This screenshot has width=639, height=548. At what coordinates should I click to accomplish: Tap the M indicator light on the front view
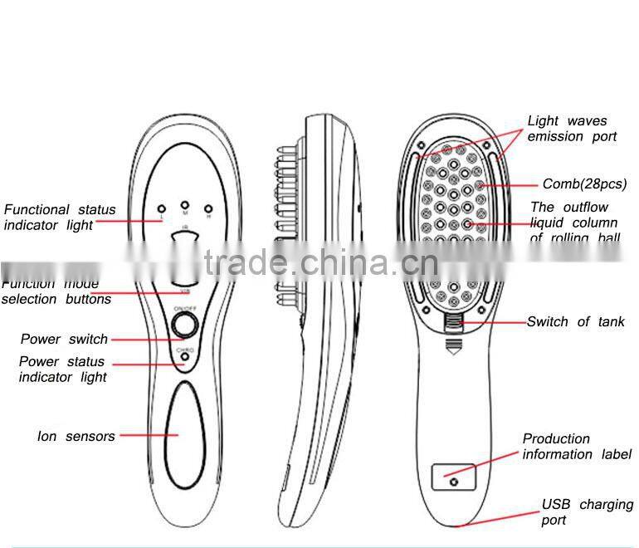[185, 203]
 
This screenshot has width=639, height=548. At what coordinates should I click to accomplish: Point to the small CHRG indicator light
[185, 358]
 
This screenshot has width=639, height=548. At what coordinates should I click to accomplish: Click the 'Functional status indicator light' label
[60, 218]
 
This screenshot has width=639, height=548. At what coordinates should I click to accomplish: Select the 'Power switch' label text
[64, 339]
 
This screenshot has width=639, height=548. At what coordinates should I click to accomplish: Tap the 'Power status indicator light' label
[63, 369]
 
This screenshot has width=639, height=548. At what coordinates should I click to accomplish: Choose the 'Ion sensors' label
[76, 436]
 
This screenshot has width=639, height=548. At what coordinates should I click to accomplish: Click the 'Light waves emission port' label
[572, 129]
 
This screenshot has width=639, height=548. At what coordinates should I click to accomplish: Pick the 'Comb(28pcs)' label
[584, 184]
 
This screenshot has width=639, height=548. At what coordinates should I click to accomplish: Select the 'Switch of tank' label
[575, 321]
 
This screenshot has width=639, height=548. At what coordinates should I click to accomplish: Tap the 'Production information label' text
[577, 446]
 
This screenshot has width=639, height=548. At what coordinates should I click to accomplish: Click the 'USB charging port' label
[587, 511]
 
